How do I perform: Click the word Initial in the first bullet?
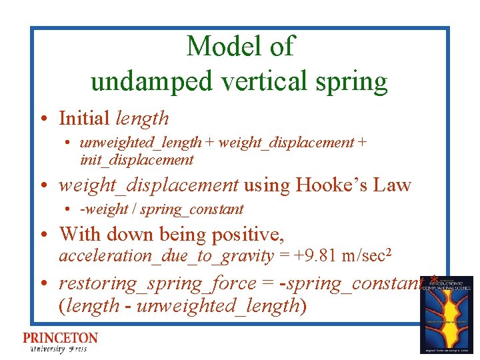(84, 119)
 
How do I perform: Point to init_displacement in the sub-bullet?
(136, 160)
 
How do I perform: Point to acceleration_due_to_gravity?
(166, 255)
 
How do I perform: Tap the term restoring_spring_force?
(157, 283)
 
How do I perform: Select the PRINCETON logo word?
(60, 339)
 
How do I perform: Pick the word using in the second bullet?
(267, 185)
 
